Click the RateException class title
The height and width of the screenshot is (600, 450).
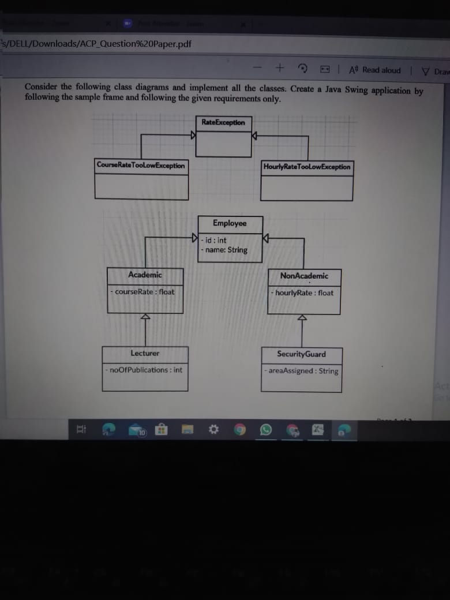click(x=223, y=122)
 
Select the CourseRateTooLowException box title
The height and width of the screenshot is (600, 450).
click(x=141, y=166)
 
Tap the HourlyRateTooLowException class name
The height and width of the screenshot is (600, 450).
click(x=306, y=167)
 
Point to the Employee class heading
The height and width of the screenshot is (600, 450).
click(x=230, y=223)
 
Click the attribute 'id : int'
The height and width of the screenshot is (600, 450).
click(x=214, y=240)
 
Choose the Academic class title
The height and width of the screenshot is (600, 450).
click(x=145, y=275)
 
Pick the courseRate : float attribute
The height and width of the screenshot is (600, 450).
click(x=143, y=292)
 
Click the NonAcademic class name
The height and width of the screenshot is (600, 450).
click(x=304, y=276)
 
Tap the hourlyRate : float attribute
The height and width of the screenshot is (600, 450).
click(x=302, y=293)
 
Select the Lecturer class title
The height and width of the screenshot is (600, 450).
click(x=145, y=353)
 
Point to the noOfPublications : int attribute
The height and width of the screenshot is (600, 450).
click(x=144, y=370)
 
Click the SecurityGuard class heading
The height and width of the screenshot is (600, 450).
click(x=301, y=354)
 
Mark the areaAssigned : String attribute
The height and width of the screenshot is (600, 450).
click(x=302, y=371)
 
